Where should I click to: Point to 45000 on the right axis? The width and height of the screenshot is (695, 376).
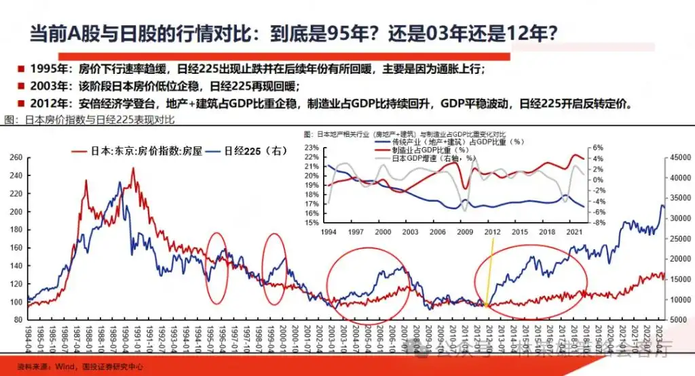coord(680,158)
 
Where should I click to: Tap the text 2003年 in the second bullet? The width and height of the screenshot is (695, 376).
coord(50,87)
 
